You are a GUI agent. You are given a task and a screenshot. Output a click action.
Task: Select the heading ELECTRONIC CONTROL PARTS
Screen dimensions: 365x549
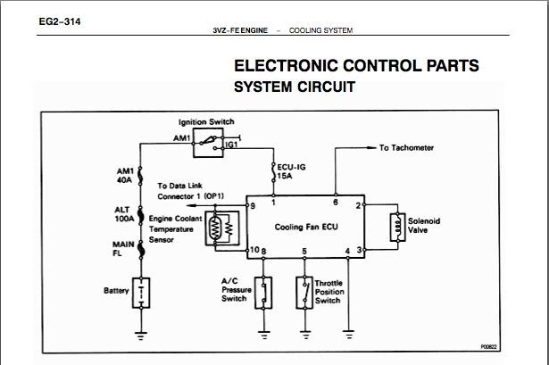(356, 66)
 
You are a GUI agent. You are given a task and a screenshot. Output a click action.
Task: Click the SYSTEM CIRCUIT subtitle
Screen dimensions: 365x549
(295, 87)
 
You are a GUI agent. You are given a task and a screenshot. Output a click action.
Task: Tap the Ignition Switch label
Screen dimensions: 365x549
(208, 121)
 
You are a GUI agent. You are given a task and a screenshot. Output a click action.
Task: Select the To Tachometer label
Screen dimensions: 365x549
(408, 147)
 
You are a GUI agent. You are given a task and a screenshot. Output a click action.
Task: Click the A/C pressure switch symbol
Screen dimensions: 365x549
(263, 292)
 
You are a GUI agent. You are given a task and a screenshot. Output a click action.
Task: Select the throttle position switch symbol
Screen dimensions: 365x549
(305, 292)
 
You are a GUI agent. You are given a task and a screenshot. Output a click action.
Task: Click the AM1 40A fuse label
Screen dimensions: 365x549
(125, 175)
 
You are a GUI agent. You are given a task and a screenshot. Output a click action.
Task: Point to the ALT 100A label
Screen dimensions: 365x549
(124, 212)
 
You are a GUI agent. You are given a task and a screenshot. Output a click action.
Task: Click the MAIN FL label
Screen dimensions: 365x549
(122, 247)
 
